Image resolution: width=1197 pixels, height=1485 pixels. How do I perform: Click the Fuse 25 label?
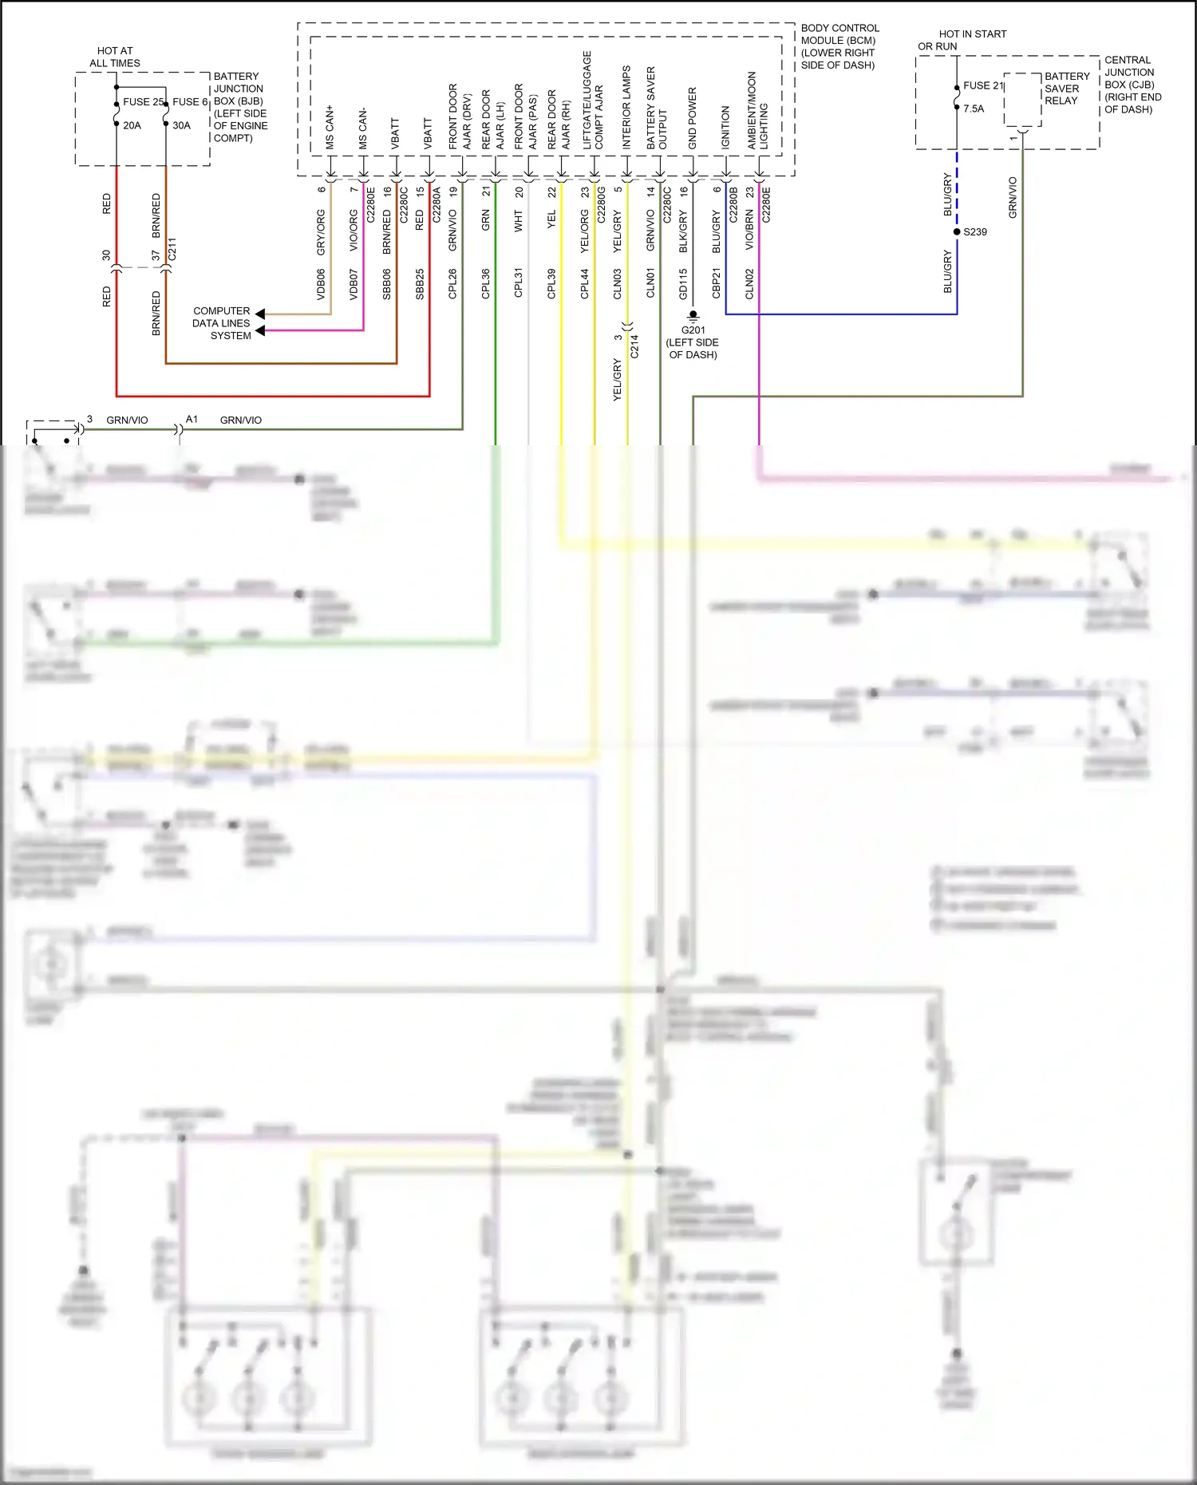143,102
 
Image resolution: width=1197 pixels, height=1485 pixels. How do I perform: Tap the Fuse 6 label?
190,102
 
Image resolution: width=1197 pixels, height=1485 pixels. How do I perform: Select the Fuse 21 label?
983,85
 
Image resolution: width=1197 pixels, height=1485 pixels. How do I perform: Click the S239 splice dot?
957,232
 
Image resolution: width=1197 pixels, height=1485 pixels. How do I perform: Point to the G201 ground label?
693,330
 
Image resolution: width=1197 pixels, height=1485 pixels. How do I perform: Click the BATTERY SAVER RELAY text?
1066,89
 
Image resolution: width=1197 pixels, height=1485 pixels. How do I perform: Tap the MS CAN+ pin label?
330,127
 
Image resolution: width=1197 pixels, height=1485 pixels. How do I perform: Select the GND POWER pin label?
692,118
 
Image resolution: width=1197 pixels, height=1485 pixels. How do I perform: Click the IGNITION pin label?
725,127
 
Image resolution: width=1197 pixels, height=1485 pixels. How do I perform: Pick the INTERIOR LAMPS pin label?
626,107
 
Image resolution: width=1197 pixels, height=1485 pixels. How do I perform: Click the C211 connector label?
172,249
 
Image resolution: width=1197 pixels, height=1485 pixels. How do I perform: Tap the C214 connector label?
634,346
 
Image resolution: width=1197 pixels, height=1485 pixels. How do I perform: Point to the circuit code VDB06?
321,284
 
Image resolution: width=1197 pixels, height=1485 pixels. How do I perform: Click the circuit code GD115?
683,284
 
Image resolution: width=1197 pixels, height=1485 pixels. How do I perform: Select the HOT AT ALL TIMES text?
115,57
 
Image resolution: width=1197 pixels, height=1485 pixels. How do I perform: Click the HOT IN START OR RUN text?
962,40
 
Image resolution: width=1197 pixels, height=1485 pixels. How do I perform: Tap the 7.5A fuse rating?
974,109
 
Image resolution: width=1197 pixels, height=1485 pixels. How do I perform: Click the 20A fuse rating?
132,125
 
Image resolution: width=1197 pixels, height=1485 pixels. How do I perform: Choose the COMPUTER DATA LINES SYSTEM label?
222,323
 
